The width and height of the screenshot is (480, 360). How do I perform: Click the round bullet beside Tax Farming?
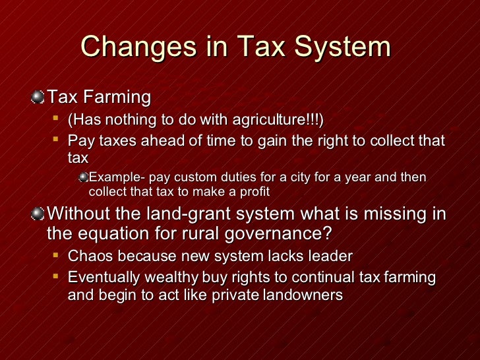[x=39, y=98]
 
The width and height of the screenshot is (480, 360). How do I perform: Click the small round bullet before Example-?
[x=83, y=177]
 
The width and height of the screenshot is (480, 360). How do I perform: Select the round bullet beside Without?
[x=39, y=214]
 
